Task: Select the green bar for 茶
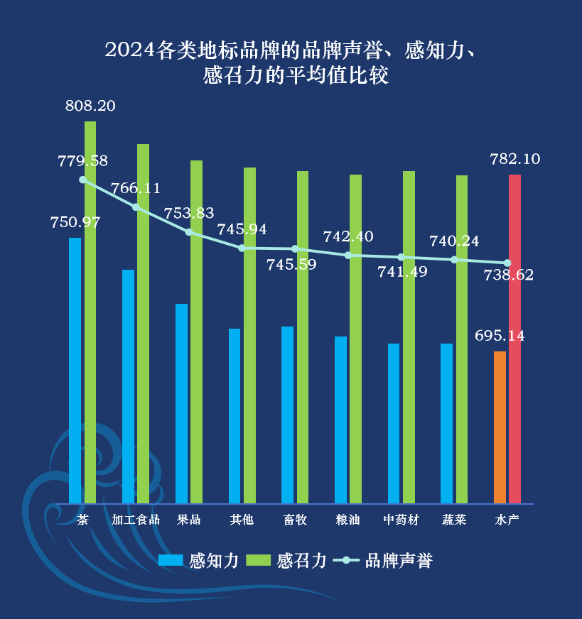[x=90, y=312]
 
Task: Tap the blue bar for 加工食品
[x=128, y=387]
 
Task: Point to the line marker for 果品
[x=189, y=232]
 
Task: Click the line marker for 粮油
[x=348, y=255]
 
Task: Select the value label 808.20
[x=90, y=106]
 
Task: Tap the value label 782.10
[x=515, y=160]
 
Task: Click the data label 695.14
[x=500, y=336]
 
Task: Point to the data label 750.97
[x=75, y=222]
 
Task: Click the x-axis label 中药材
[x=401, y=520]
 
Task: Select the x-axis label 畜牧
[x=295, y=520]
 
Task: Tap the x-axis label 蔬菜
[x=454, y=520]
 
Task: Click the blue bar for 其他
[x=235, y=416]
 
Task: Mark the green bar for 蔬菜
[x=462, y=339]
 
